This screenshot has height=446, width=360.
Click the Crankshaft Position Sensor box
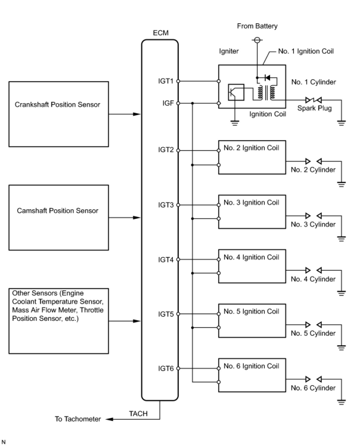pyautogui.click(x=58, y=114)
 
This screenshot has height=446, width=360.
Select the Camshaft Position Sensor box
pyautogui.click(x=58, y=217)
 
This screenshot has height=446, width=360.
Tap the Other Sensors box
pyautogui.click(x=58, y=321)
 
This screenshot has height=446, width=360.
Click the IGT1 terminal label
pyautogui.click(x=166, y=81)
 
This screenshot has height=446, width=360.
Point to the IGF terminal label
pyautogui.click(x=168, y=103)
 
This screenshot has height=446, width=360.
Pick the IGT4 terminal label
pyautogui.click(x=166, y=260)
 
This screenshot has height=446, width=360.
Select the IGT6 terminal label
pyautogui.click(x=166, y=368)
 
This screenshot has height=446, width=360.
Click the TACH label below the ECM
pyautogui.click(x=138, y=414)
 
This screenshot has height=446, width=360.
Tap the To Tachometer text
pyautogui.click(x=78, y=419)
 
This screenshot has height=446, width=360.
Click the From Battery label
pyautogui.click(x=257, y=26)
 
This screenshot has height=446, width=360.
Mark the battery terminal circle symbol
pyautogui.click(x=257, y=40)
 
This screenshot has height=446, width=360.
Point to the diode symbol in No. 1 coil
pyautogui.click(x=267, y=78)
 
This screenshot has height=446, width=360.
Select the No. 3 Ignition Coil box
pyautogui.click(x=252, y=212)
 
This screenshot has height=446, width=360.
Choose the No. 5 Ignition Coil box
pyautogui.click(x=252, y=320)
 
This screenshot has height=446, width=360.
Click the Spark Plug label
pyautogui.click(x=314, y=108)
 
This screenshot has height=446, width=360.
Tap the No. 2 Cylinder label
pyautogui.click(x=313, y=170)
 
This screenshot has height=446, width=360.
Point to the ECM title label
pyautogui.click(x=161, y=33)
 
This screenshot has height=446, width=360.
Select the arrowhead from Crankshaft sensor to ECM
pyautogui.click(x=136, y=114)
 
